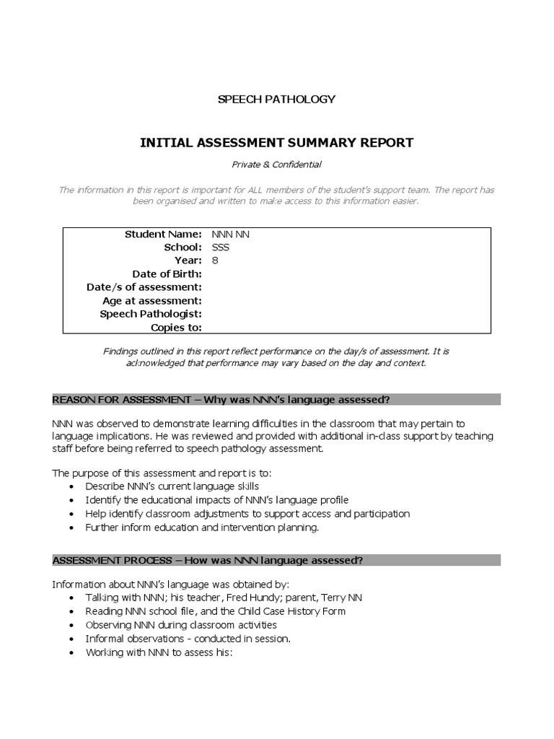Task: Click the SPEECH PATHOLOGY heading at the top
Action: (x=276, y=99)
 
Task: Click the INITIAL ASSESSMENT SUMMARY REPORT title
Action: (x=276, y=142)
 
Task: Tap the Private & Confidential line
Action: (x=276, y=165)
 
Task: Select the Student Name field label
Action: (x=163, y=235)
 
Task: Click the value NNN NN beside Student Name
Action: (x=231, y=235)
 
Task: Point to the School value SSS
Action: (x=220, y=248)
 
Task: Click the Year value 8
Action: (x=215, y=261)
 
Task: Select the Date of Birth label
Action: (x=167, y=274)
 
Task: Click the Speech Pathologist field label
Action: (x=150, y=314)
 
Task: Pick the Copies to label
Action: (x=176, y=327)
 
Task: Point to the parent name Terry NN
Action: (x=338, y=598)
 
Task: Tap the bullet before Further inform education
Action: (x=71, y=528)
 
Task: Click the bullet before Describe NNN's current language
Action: (x=71, y=486)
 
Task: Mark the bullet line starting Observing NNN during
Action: (x=180, y=625)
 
